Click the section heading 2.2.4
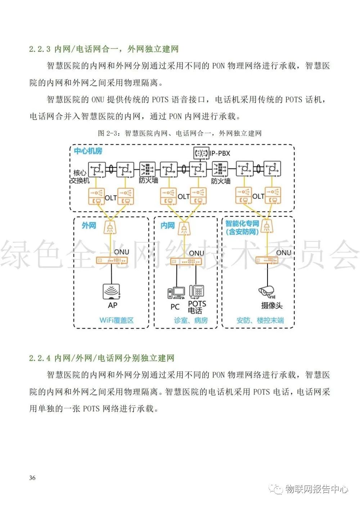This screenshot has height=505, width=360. tap(102, 358)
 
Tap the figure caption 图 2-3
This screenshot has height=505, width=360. tap(179, 133)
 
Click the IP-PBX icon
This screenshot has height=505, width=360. tap(201, 153)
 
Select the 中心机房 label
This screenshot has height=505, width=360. tap(88, 151)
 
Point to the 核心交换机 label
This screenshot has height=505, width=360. tap(80, 177)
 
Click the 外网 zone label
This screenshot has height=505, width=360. tap(89, 226)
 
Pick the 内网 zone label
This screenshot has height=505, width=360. tap(167, 226)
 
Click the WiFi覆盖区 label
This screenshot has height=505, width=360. tap(116, 320)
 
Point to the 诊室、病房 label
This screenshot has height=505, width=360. tap(191, 320)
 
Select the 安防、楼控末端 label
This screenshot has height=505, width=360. tap(260, 320)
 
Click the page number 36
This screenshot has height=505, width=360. tap(32, 478)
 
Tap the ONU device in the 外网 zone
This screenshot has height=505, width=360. tap(112, 260)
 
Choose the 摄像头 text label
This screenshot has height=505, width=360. tap(272, 306)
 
